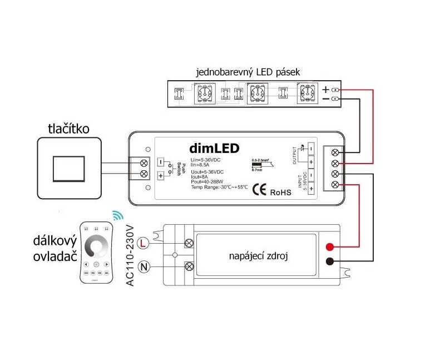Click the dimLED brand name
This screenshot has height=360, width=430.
click(x=214, y=149)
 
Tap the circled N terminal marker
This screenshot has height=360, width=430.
click(x=143, y=267)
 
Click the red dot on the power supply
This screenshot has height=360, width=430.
click(x=330, y=246)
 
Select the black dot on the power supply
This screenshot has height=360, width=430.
click(x=330, y=262)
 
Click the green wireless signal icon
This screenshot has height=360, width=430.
click(x=116, y=215)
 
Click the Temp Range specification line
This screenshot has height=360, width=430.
click(x=210, y=188)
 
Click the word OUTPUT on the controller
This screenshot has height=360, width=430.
click(x=296, y=155)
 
